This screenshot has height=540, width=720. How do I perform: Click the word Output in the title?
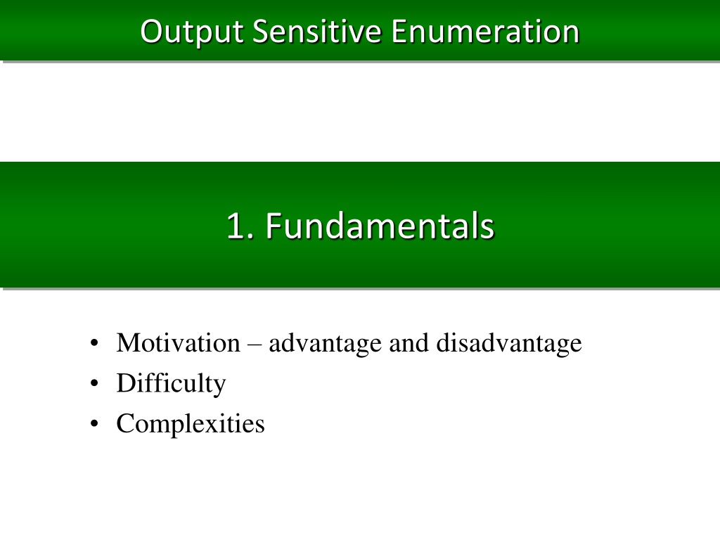point(191,32)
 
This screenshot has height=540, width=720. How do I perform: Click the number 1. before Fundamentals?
point(240,226)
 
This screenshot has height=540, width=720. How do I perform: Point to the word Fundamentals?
point(380,226)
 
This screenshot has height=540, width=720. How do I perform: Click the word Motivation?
point(178,342)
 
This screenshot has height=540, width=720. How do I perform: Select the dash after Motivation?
point(255,345)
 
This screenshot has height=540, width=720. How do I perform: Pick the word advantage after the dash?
point(325,345)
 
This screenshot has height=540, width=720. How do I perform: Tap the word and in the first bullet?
point(409,342)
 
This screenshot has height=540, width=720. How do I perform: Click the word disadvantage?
point(509,345)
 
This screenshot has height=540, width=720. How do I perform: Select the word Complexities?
point(191,425)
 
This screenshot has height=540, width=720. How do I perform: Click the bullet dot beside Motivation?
point(95,343)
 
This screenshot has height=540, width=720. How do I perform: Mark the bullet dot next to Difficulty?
point(95,383)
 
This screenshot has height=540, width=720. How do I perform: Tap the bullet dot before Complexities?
point(95,423)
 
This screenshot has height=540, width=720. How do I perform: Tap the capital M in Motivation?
point(131,342)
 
